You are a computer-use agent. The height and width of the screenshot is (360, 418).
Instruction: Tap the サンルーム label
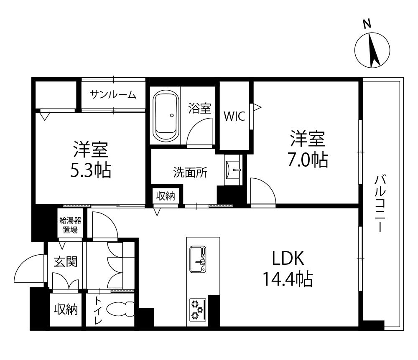(113, 94)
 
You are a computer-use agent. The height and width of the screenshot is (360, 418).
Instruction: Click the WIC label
(234, 117)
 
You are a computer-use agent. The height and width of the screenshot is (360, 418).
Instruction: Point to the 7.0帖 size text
(308, 160)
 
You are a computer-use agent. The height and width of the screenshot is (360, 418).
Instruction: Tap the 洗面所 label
(190, 172)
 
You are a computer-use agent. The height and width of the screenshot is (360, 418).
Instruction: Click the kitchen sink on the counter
(198, 259)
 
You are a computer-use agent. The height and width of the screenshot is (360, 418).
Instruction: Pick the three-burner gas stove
(198, 309)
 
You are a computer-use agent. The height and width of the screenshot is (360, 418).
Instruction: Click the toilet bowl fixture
(120, 309)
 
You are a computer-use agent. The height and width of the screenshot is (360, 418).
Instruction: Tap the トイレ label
(98, 310)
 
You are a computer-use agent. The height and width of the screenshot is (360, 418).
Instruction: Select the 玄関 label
(66, 262)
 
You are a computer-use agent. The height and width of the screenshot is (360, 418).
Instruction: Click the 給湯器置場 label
(70, 225)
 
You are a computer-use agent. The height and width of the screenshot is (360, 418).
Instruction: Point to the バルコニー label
(380, 203)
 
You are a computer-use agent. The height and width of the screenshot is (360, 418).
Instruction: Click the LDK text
(288, 258)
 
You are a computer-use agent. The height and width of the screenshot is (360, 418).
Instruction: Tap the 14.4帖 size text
(288, 279)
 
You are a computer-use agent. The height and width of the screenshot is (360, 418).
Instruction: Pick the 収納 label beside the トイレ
(66, 309)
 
